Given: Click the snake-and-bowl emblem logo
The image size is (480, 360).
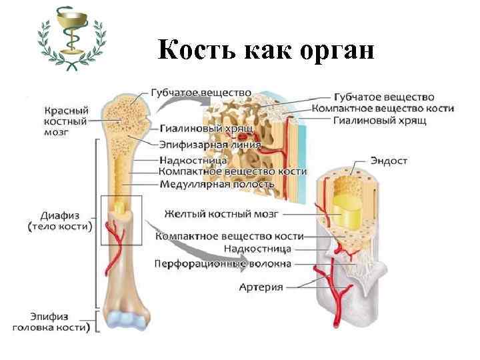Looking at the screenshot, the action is pyautogui.click(x=70, y=38).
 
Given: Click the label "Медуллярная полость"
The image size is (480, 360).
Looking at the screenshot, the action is pyautogui.click(x=217, y=183).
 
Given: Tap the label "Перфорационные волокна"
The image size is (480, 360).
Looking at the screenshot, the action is pyautogui.click(x=223, y=264).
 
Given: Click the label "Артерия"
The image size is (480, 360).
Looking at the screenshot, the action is pyautogui.click(x=261, y=287).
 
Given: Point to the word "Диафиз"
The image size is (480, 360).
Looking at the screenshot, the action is pyautogui.click(x=61, y=215).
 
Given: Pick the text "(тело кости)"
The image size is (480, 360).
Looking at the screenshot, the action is pyautogui.click(x=61, y=227).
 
